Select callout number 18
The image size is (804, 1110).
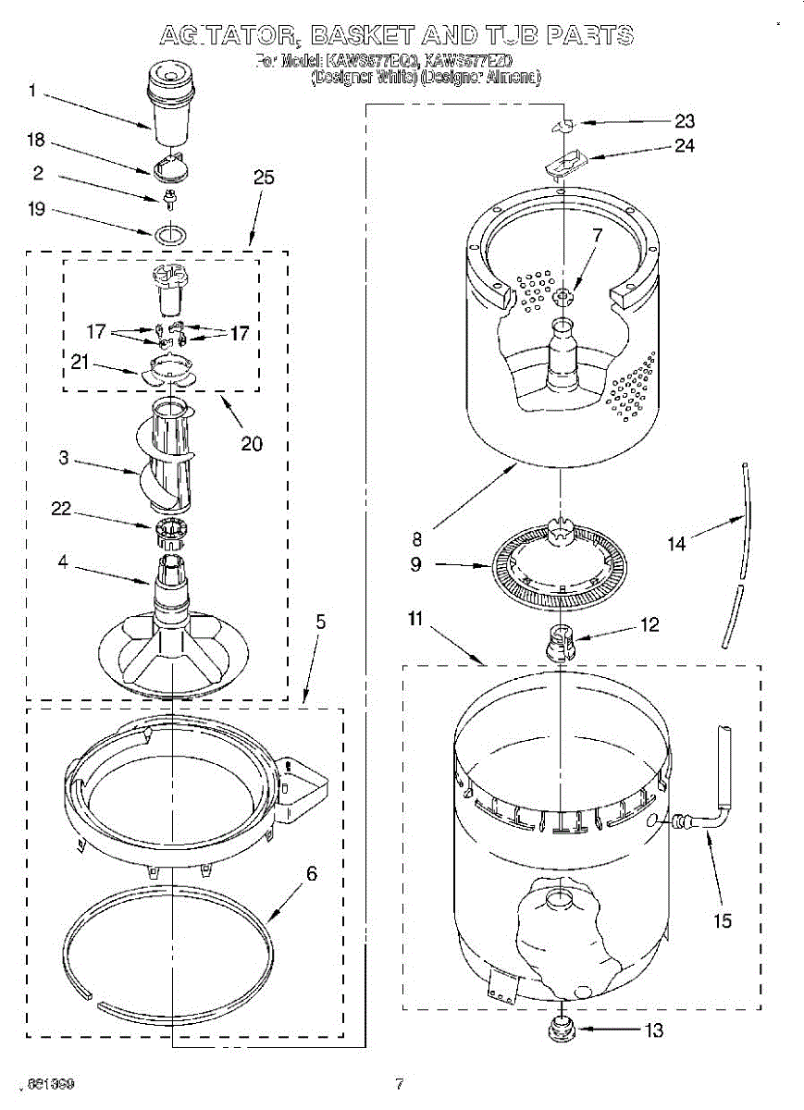(x=36, y=141)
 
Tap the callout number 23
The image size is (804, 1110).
(x=684, y=120)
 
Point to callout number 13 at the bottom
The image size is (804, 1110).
(x=653, y=1030)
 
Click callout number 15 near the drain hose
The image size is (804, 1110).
(x=722, y=920)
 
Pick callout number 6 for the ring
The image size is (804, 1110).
(x=312, y=872)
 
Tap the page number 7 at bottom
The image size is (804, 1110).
(x=399, y=1083)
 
